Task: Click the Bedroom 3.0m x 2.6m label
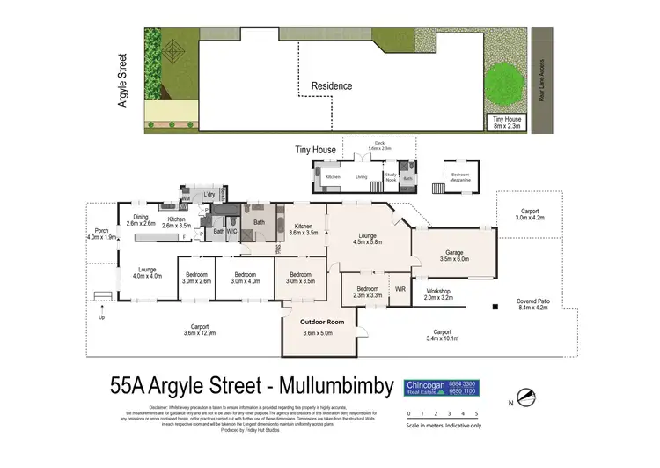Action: coord(197,278)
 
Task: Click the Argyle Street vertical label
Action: coord(122,80)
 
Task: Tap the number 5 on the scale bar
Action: coord(476,412)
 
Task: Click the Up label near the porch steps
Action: coord(102,317)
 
